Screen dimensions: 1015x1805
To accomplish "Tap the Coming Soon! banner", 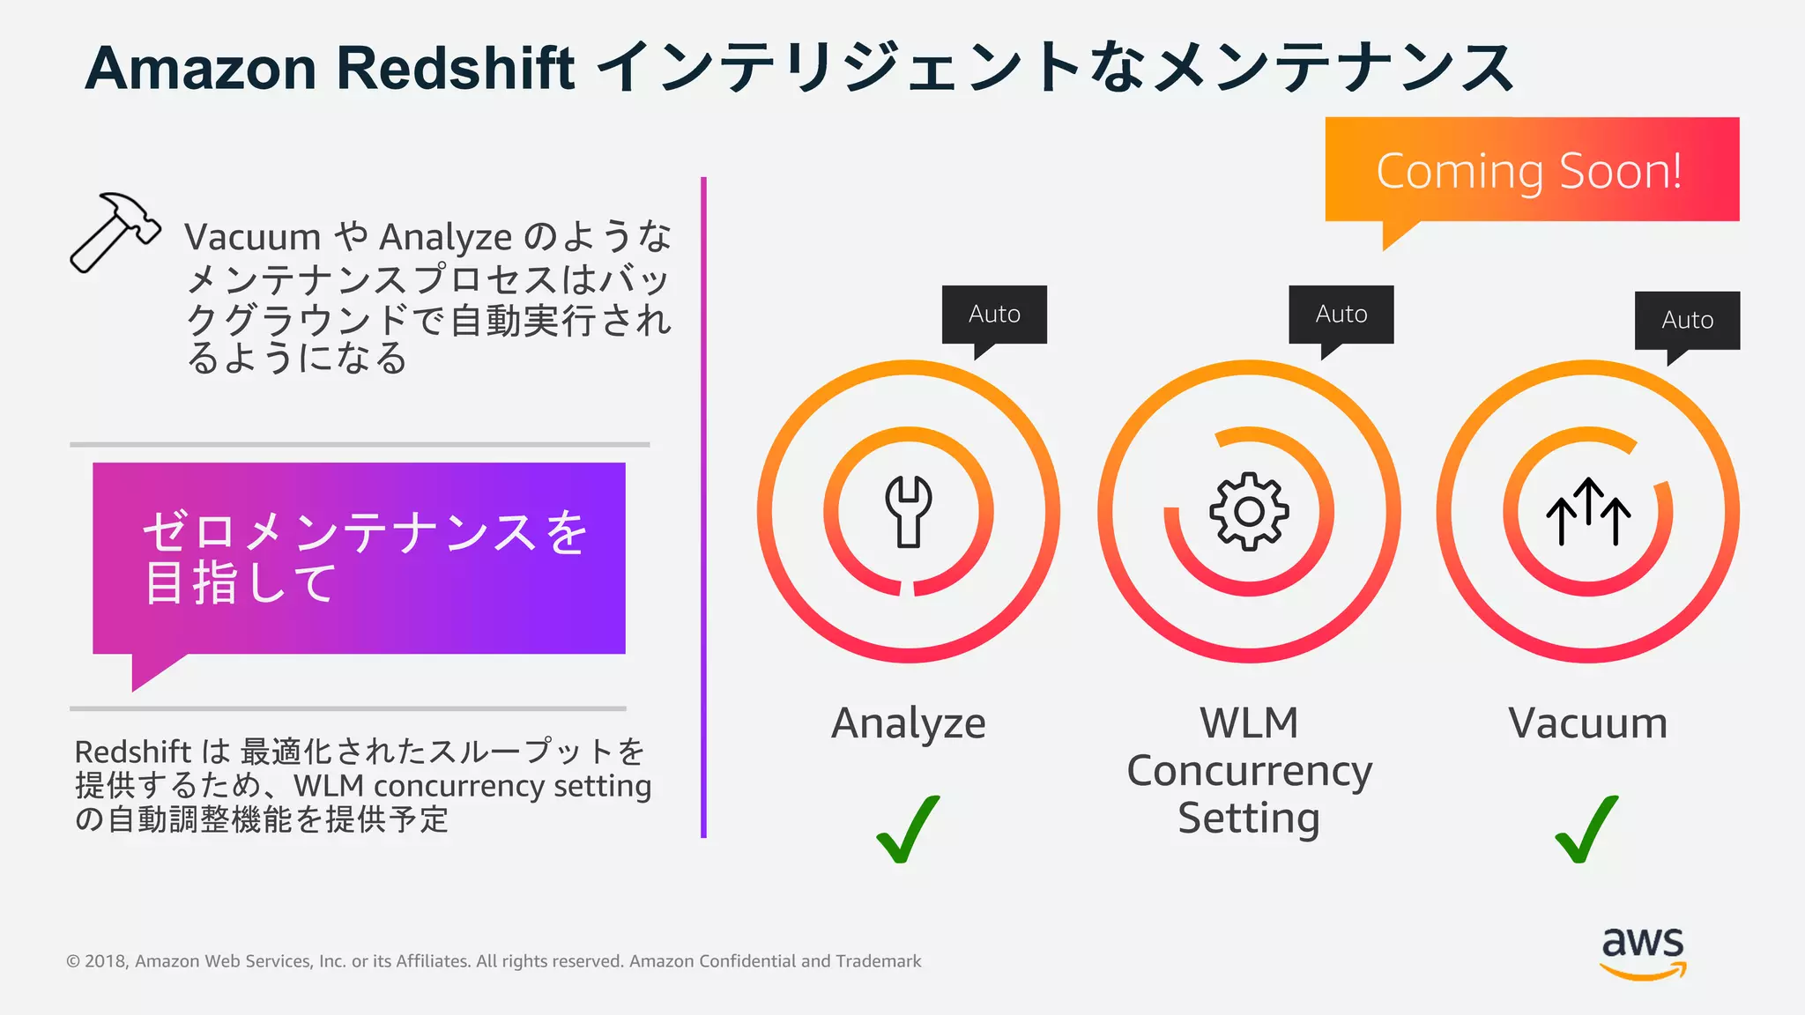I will [1531, 170].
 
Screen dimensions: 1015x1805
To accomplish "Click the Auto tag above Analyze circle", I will [994, 315].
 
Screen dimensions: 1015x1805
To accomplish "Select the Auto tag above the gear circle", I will [1341, 315].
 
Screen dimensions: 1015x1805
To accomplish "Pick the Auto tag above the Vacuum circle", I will [1687, 321].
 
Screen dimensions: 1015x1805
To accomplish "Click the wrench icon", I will [909, 511].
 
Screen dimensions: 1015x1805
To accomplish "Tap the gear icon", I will [1249, 511].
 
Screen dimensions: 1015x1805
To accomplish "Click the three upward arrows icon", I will [1588, 512].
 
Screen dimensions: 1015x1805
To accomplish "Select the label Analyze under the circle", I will [908, 723].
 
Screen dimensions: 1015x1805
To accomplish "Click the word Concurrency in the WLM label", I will [1249, 771].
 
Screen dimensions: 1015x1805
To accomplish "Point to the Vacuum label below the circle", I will [1587, 723].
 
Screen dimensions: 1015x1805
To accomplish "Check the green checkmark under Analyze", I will [908, 829].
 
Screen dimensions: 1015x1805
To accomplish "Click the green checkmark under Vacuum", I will [1586, 829].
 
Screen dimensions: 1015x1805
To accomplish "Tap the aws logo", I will [1643, 952].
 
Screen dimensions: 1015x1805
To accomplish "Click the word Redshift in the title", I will [456, 68].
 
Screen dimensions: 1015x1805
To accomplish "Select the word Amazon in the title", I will [200, 68].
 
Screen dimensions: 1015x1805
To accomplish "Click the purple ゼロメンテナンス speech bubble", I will [359, 559].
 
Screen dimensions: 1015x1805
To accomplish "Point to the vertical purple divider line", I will [703, 507].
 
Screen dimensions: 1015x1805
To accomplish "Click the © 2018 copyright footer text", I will [494, 961].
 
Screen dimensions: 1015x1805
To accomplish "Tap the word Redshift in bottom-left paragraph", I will [132, 752].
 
